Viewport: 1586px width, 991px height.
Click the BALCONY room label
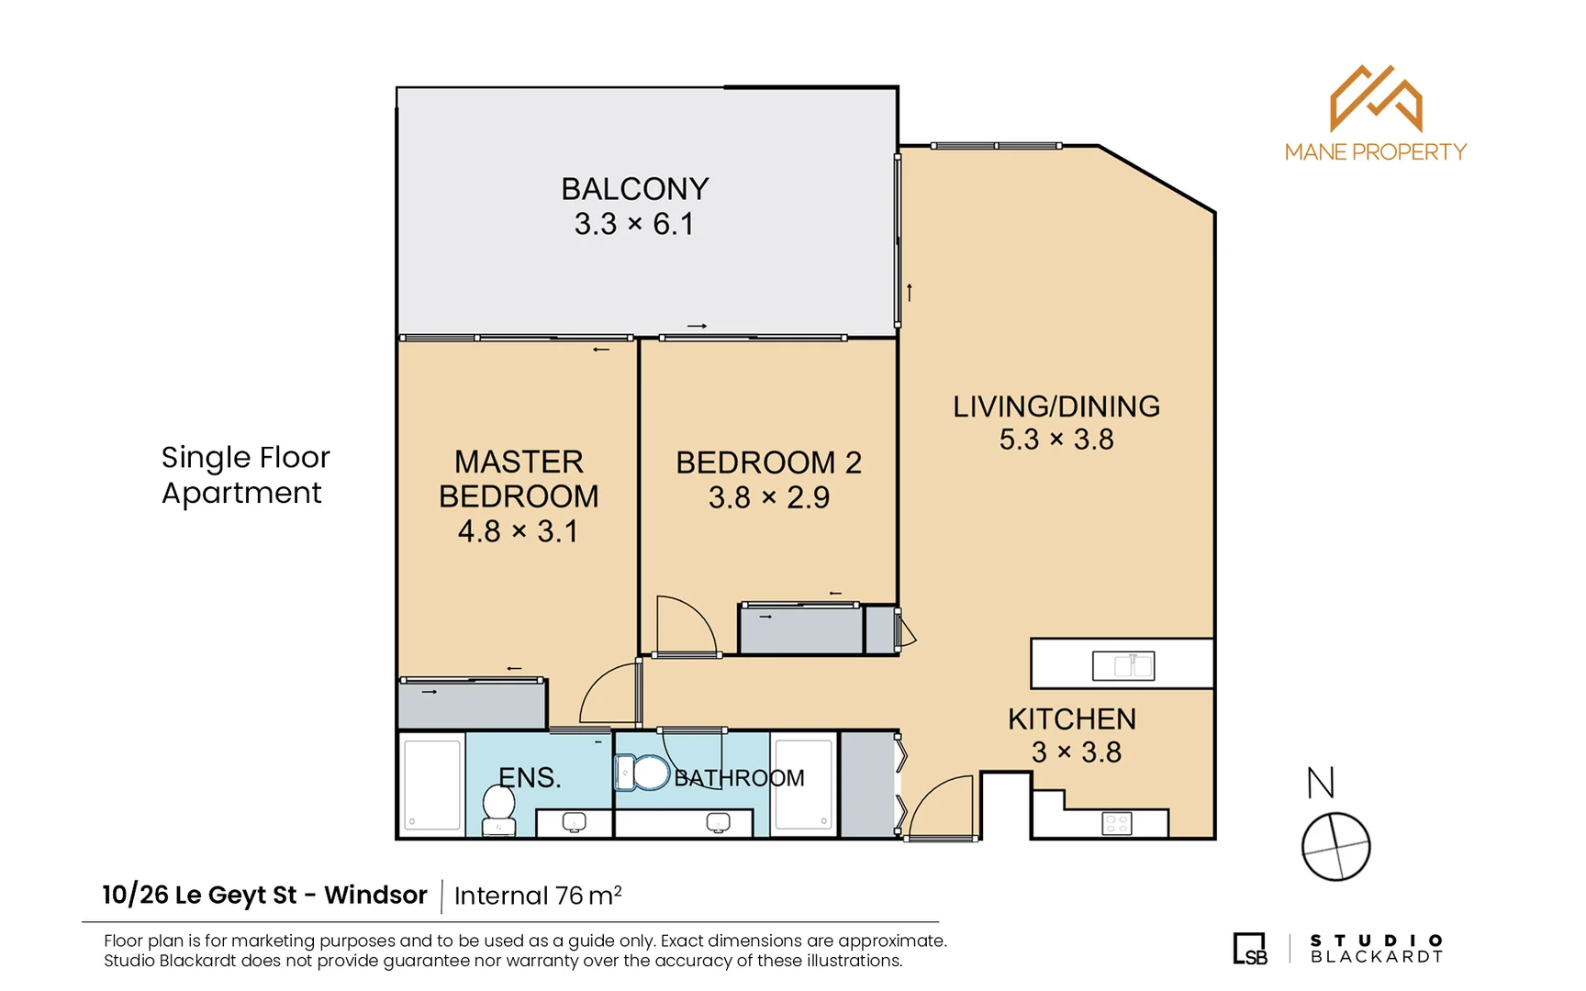pos(635,189)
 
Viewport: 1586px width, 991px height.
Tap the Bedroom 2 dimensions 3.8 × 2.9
pos(769,497)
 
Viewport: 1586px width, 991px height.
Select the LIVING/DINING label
pos(1056,406)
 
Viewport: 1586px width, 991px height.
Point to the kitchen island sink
pos(1123,665)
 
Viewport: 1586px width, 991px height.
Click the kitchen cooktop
pos(1117,823)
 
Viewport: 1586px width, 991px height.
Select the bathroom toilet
pos(642,773)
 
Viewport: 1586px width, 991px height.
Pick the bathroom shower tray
pos(804,783)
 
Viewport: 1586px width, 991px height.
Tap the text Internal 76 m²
pos(538,896)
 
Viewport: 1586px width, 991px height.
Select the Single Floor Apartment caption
pos(245,474)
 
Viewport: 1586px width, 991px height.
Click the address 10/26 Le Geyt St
pos(199,895)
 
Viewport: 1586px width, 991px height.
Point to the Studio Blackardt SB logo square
pos(1250,949)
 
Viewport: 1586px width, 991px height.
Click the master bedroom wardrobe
pos(472,705)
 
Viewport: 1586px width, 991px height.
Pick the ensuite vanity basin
pos(574,822)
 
